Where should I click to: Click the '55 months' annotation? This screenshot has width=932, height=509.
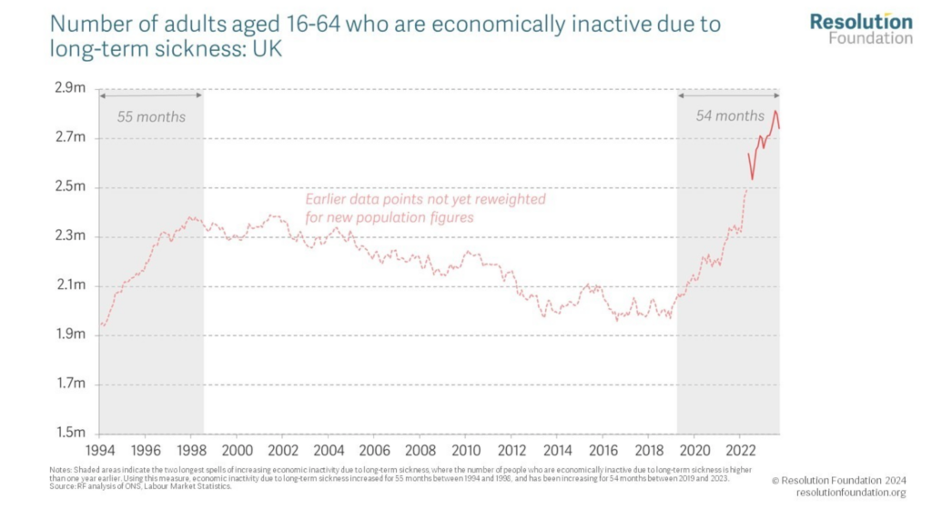tap(151, 116)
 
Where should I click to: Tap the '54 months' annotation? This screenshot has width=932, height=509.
tap(730, 116)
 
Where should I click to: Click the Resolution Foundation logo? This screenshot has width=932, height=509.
tap(861, 28)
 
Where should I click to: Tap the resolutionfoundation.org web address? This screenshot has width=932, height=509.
tap(851, 493)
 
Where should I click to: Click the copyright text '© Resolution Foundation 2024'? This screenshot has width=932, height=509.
tap(839, 479)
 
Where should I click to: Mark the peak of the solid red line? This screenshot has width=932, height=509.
tap(775, 111)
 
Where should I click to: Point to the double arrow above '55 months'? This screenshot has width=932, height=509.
tap(151, 95)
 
